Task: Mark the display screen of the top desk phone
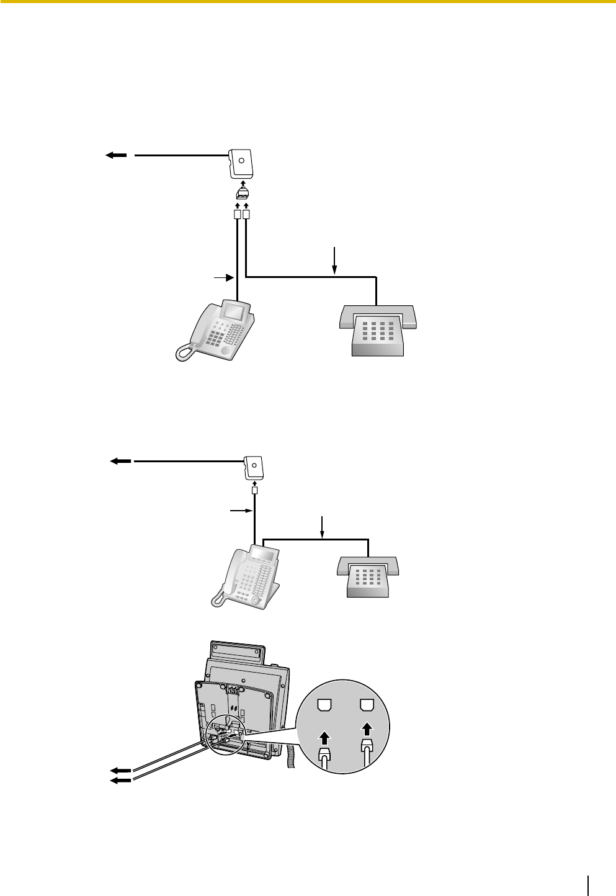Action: [234, 311]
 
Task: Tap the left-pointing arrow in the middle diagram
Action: [120, 461]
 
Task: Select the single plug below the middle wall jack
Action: [254, 491]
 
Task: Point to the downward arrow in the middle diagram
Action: [322, 527]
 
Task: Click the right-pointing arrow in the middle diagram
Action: [241, 511]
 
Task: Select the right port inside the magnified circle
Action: [367, 705]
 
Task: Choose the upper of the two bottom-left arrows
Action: [121, 771]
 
